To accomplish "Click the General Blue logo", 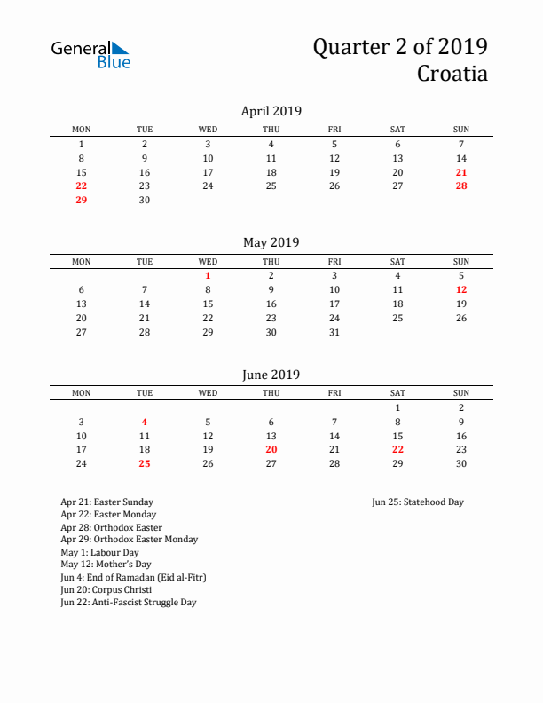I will coord(90,54).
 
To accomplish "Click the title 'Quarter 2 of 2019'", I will coord(399,47).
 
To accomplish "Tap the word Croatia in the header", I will coord(452,74).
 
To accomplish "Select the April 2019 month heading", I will coord(271,111).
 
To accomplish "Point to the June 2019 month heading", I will coord(271,375).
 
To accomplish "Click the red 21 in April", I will coord(461,172).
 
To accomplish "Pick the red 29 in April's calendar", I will coord(82,201).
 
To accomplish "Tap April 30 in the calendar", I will coord(145,201).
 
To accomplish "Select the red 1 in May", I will coord(208,275).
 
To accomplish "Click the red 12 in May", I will coord(461,289).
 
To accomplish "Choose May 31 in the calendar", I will coord(334,332).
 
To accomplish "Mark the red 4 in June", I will coord(145,422).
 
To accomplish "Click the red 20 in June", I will coord(271,450).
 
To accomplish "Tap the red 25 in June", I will coord(145,464).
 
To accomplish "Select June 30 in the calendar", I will coord(461,464).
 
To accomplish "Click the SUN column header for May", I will coord(461,261).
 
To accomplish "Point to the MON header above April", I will coord(82,130).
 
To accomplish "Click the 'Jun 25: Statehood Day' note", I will coord(418,502).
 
